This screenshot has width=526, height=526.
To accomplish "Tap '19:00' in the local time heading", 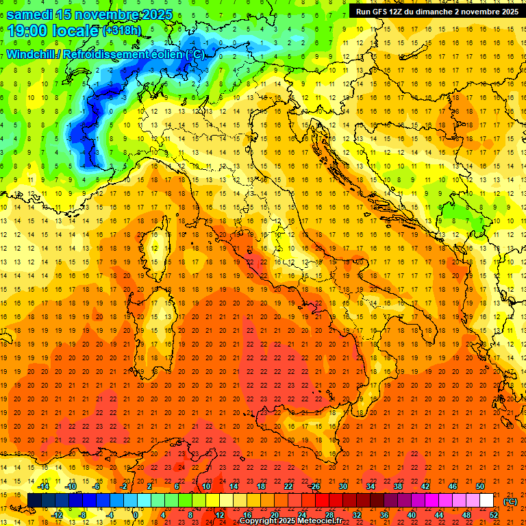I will [x=27, y=31].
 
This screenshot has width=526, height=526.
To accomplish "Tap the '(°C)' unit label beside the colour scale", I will [x=510, y=501].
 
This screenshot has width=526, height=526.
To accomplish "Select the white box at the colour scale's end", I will [x=487, y=501].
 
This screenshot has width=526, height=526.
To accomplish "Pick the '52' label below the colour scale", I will [x=494, y=514].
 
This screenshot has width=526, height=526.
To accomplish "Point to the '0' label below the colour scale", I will [x=136, y=514].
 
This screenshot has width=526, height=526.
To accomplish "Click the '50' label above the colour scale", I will [x=479, y=486].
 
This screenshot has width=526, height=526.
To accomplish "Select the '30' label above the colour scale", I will [x=342, y=486].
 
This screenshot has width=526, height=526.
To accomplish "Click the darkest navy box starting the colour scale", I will [x=34, y=501].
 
